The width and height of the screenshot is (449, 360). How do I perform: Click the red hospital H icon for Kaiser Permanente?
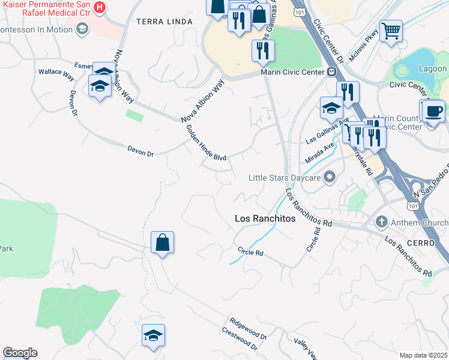coord(100,8)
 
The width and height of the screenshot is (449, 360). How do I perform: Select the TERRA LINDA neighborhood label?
coord(164,22)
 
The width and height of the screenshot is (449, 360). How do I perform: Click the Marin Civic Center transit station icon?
coord(331,72)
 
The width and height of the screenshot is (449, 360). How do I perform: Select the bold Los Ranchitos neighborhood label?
coord(265,219)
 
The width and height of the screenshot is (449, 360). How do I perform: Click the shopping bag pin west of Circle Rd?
coord(162,242)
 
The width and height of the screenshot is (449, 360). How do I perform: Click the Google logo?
coord(20,353)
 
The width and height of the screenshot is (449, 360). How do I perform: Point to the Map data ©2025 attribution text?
coord(423,355)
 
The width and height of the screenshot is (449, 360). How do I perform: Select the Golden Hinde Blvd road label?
coord(205,142)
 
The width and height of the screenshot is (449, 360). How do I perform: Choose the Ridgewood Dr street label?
coord(247,329)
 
